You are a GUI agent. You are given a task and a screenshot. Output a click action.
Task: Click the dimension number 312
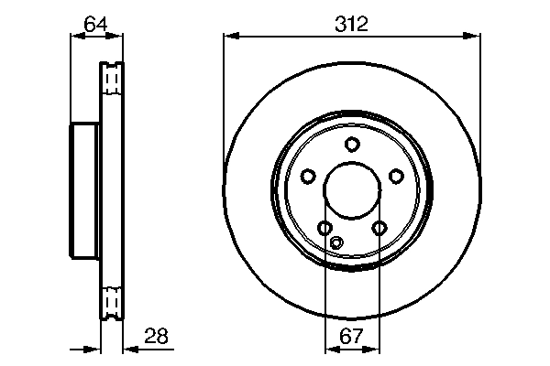pyautogui.click(x=351, y=24)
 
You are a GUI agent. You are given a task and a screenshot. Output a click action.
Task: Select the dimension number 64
pyautogui.click(x=96, y=24)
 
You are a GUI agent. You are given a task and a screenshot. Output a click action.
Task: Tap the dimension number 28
pyautogui.click(x=157, y=337)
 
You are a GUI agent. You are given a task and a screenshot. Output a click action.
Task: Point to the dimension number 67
pyautogui.click(x=352, y=337)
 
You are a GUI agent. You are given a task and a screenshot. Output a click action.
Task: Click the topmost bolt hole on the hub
pyautogui.click(x=352, y=144)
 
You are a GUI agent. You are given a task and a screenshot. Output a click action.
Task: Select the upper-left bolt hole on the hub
pyautogui.click(x=308, y=176)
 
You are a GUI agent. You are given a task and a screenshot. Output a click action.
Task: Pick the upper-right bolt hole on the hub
pyautogui.click(x=396, y=176)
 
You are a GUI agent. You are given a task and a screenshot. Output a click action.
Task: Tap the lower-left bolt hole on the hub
pyautogui.click(x=324, y=228)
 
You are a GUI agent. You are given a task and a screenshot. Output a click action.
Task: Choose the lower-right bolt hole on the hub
pyautogui.click(x=379, y=228)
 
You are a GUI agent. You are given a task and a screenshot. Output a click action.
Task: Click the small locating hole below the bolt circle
pyautogui.click(x=336, y=242)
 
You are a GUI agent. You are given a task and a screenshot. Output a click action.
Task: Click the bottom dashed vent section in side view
pyautogui.click(x=111, y=301)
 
